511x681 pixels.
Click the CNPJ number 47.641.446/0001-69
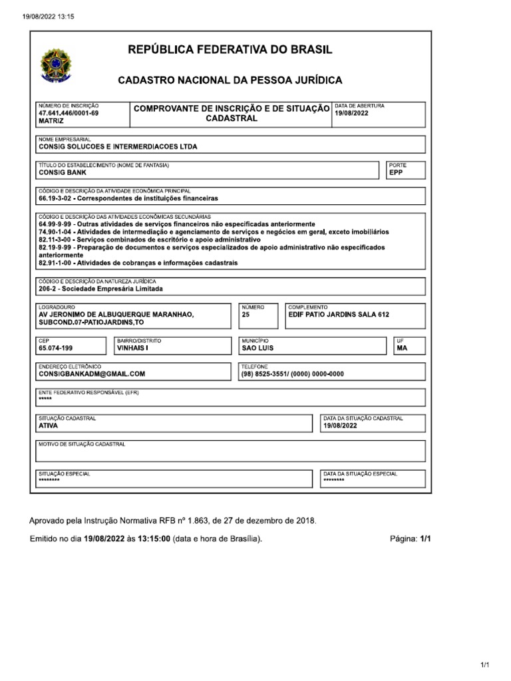tap(69, 114)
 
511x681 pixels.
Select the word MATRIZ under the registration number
tap(52, 122)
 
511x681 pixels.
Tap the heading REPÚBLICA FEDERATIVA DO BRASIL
tap(230, 51)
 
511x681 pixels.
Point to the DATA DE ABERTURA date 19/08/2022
tap(351, 114)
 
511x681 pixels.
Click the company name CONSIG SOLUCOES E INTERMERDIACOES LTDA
tap(118, 146)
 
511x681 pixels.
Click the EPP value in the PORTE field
tap(397, 172)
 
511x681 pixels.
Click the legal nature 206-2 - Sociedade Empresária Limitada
tap(100, 289)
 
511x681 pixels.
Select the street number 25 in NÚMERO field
tap(246, 315)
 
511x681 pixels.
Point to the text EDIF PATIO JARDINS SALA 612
tap(338, 315)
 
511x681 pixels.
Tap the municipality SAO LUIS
tap(257, 347)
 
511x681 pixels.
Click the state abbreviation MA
tap(401, 347)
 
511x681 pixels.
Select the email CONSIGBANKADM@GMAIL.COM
tap(92, 374)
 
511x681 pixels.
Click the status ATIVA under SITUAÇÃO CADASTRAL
tap(49, 426)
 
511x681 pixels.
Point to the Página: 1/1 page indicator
tap(411, 539)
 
